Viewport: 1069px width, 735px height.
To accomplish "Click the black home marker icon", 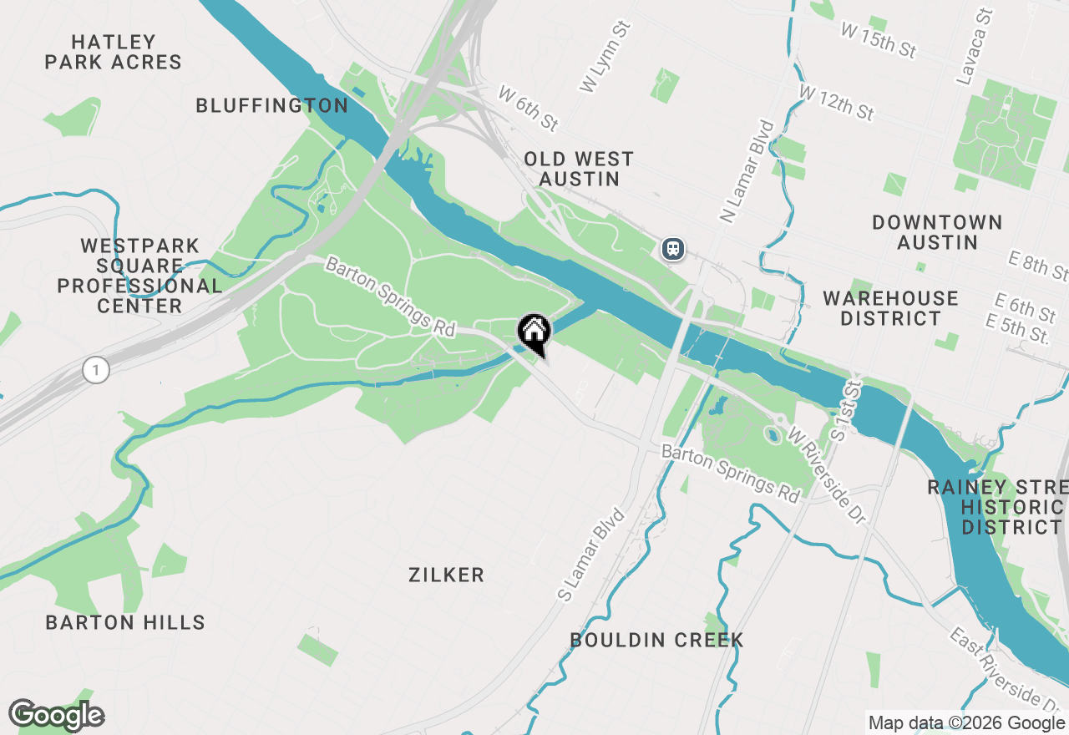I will click(x=534, y=332).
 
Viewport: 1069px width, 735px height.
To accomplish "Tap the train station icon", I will click(x=673, y=249).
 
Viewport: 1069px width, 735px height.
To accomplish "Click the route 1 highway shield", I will click(x=96, y=369).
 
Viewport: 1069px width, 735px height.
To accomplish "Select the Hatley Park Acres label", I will click(x=114, y=52).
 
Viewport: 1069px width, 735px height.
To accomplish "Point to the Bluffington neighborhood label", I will click(x=271, y=105).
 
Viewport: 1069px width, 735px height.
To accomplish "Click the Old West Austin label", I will click(x=579, y=169).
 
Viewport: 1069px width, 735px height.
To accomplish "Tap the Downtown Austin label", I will click(x=937, y=232).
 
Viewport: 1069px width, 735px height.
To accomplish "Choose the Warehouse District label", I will click(x=890, y=308).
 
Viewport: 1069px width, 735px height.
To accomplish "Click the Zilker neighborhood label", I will click(x=447, y=575).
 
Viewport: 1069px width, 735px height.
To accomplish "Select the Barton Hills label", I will click(x=125, y=622).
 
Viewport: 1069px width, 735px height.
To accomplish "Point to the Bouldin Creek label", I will click(x=656, y=641).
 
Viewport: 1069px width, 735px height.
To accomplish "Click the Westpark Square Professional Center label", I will click(x=140, y=276).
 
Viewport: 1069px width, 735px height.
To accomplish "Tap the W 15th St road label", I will click(x=879, y=40).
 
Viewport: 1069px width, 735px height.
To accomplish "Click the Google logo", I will click(x=57, y=715).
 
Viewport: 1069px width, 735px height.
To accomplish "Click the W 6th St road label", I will click(x=528, y=108).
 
